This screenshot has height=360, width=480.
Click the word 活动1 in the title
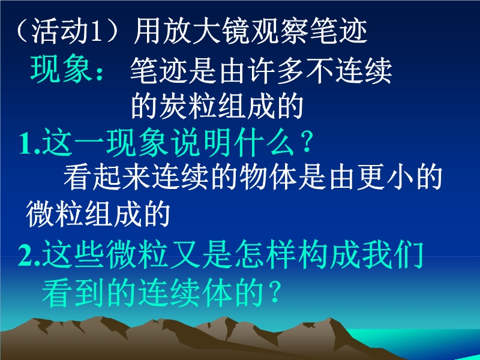(x=67, y=31)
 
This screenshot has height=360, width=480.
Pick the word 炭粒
(x=189, y=106)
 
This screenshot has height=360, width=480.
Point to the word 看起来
(x=107, y=178)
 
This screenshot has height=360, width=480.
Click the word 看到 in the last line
(x=73, y=293)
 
